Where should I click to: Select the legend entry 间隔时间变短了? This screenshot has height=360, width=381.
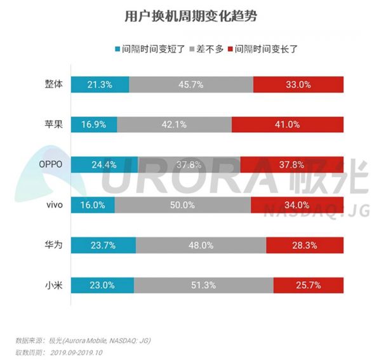click(145, 48)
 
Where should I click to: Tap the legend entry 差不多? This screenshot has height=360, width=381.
click(208, 48)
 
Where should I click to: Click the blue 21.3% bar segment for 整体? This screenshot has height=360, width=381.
click(100, 85)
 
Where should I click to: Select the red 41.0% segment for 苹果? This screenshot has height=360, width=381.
click(288, 124)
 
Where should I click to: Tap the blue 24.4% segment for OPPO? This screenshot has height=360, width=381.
click(104, 164)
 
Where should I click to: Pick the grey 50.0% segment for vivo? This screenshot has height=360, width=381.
click(183, 204)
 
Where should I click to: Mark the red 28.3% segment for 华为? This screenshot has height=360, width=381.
click(305, 245)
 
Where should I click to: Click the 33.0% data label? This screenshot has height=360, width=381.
click(298, 85)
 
